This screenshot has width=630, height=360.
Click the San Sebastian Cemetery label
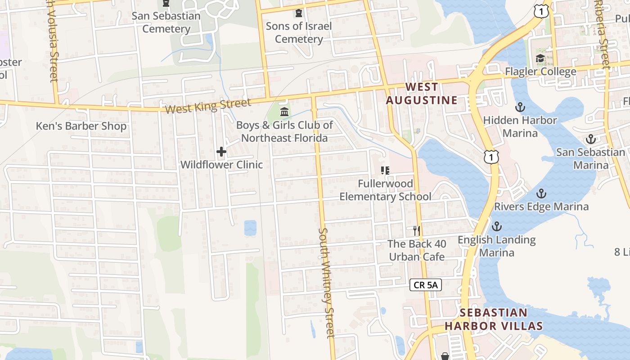click(x=166, y=22)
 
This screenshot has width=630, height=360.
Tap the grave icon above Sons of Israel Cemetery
click(x=298, y=13)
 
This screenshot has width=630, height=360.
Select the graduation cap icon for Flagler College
click(x=540, y=58)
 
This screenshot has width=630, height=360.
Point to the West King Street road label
click(x=207, y=107)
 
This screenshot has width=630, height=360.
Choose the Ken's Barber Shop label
click(x=81, y=126)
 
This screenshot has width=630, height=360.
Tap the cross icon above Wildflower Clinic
click(x=221, y=152)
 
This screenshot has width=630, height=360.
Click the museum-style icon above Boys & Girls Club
click(x=284, y=112)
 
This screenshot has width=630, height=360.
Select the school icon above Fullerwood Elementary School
click(x=385, y=171)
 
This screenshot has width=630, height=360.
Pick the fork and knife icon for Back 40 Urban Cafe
click(x=417, y=231)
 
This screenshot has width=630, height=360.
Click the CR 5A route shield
click(x=426, y=284)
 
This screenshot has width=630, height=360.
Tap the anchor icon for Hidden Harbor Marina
click(x=520, y=107)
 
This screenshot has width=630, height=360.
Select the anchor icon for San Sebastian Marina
click(x=590, y=139)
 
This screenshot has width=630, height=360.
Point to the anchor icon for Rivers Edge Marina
click(x=541, y=193)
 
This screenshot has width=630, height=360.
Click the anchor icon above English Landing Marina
click(x=497, y=226)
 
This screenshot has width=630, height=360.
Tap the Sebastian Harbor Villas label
click(x=493, y=319)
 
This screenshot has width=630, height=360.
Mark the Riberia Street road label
click(x=603, y=34)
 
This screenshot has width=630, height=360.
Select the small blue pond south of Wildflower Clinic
click(x=250, y=228)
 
